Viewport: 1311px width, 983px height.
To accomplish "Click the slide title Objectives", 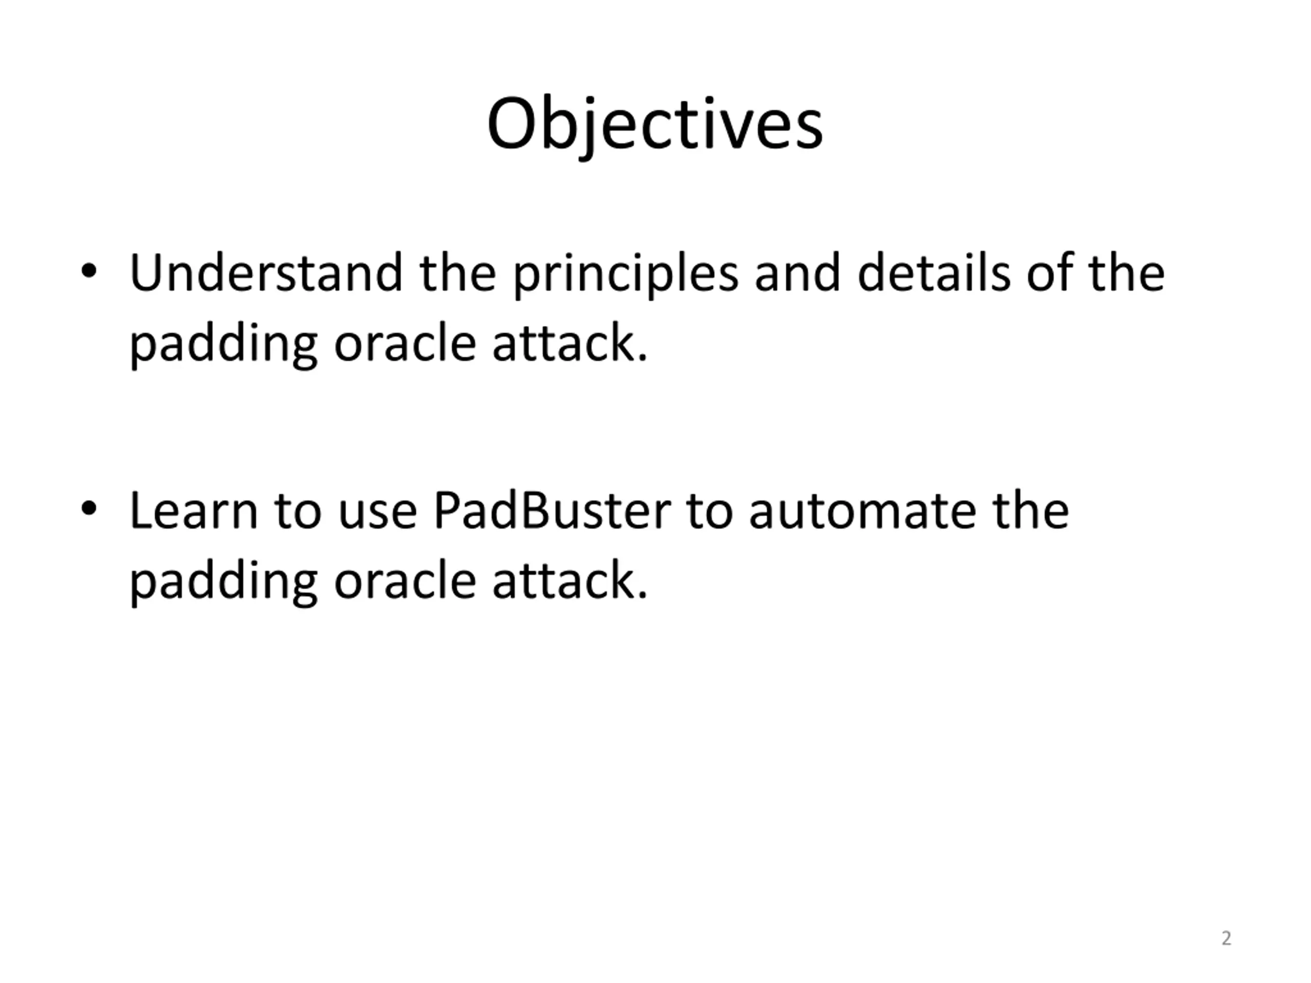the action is click(x=655, y=124).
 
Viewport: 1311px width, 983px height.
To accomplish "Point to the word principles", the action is click(x=625, y=275).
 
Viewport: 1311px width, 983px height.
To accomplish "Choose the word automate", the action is click(x=862, y=511).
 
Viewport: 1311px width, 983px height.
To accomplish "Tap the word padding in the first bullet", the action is click(x=223, y=346).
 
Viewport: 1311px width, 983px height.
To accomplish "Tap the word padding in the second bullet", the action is click(x=223, y=583).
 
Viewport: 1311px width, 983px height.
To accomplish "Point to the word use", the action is click(x=377, y=515).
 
